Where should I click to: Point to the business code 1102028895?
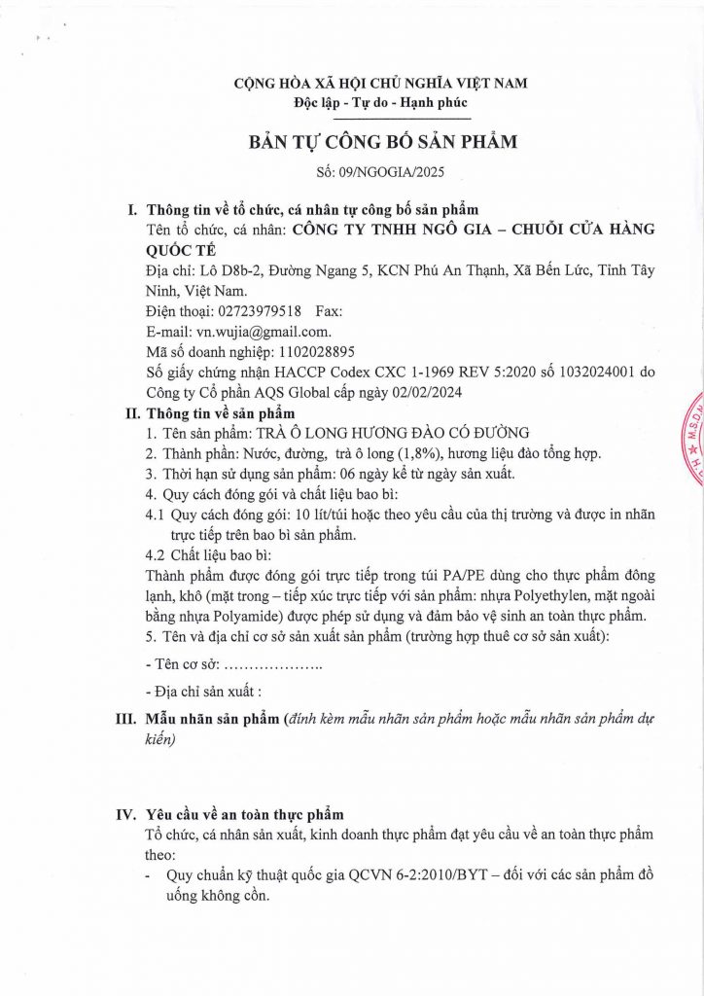tap(316, 352)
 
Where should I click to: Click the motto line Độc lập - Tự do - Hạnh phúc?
tap(381, 103)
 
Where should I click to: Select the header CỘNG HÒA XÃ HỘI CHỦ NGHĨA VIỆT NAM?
tap(381, 84)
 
